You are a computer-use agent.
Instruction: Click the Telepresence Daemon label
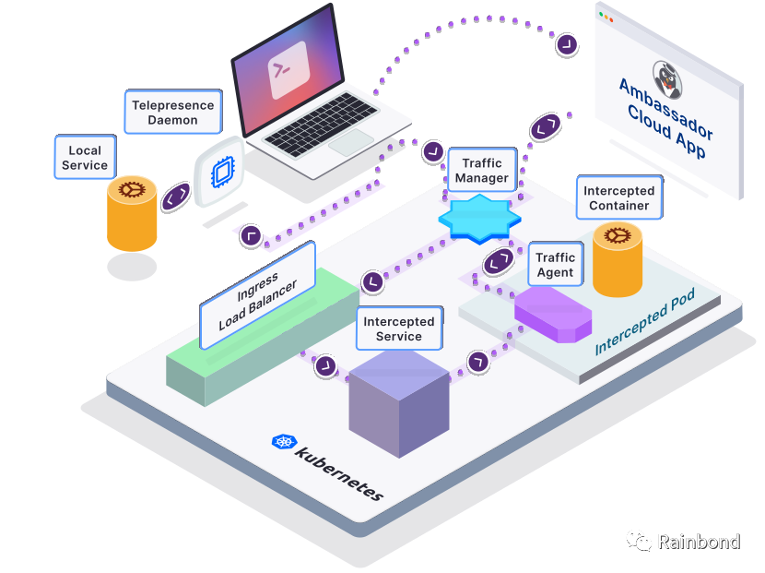tap(172, 112)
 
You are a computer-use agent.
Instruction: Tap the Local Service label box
tap(85, 158)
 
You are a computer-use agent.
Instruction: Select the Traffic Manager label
tap(482, 170)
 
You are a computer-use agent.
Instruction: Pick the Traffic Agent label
tap(555, 265)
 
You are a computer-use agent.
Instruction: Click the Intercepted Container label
tap(618, 198)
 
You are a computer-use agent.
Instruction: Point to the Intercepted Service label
tap(398, 328)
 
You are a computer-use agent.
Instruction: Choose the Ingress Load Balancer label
tap(258, 295)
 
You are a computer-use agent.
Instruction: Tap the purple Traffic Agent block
tap(552, 314)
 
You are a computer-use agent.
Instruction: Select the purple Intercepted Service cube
tap(398, 406)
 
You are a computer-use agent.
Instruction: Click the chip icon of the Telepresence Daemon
tap(219, 172)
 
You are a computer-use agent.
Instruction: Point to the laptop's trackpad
tap(350, 142)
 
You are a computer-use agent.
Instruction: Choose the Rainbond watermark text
tap(698, 542)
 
